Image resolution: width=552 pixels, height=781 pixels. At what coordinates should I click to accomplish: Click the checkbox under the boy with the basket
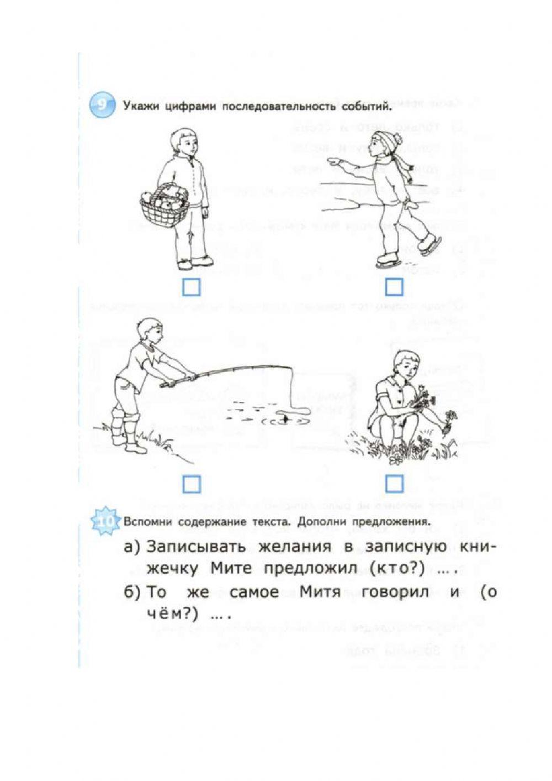(191, 287)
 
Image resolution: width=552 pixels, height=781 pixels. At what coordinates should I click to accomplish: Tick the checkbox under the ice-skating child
(394, 287)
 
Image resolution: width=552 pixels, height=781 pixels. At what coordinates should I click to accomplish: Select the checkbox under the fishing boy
(191, 485)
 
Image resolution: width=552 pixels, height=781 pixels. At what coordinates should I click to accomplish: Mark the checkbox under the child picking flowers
(394, 485)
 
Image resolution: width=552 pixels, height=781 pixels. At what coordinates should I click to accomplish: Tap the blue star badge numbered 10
(104, 521)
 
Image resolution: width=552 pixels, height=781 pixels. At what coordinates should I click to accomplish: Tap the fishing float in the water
(285, 418)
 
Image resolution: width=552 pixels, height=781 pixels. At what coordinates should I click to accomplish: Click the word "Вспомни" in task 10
(145, 521)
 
